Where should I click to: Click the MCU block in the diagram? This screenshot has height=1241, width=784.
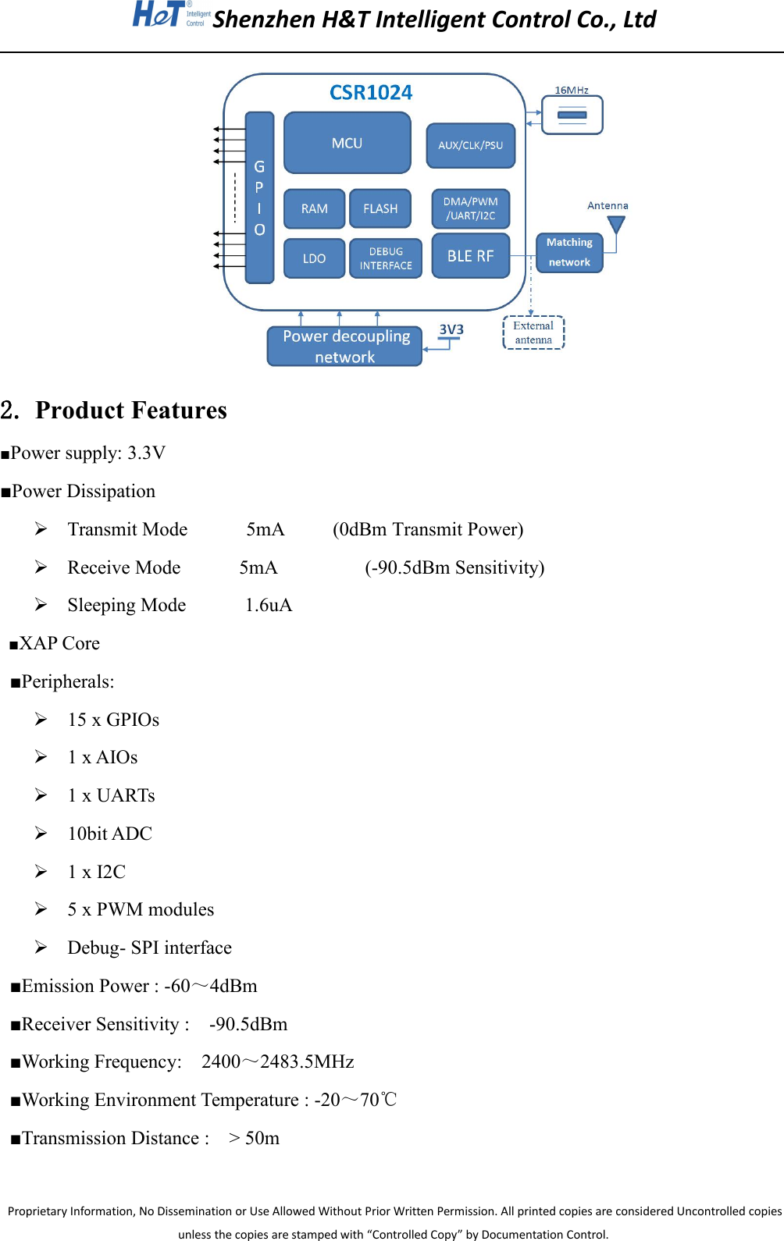[x=347, y=143]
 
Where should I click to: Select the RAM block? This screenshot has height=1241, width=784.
[x=314, y=208]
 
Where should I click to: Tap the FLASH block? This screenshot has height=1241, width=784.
[x=380, y=208]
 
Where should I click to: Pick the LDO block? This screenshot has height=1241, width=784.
[x=314, y=258]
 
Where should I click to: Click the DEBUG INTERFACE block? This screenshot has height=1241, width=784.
[x=386, y=258]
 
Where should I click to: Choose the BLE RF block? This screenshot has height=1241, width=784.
[x=470, y=256]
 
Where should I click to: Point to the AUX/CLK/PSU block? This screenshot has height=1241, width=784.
[x=470, y=145]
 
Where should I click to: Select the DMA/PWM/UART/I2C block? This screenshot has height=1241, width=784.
[x=470, y=208]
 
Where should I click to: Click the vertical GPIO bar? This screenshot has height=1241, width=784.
[x=259, y=197]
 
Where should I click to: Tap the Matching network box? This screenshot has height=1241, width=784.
[x=569, y=253]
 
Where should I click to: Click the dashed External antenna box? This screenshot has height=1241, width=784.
[x=533, y=332]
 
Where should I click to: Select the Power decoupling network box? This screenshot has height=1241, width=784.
[x=345, y=347]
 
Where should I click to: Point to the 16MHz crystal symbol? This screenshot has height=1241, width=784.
[x=572, y=116]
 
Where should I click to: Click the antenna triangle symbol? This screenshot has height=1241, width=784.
[x=616, y=225]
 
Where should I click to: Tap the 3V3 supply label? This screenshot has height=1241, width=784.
[x=451, y=329]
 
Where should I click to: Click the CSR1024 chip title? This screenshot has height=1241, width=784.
[x=371, y=93]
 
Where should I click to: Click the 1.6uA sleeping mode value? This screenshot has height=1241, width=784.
[x=269, y=606]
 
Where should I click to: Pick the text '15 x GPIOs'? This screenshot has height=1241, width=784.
[x=113, y=720]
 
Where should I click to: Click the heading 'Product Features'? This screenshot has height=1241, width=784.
[x=131, y=411]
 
